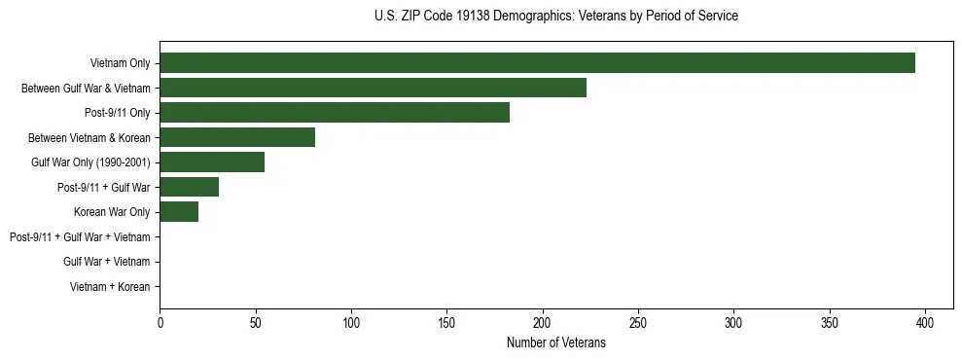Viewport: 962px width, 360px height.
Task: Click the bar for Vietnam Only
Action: pyautogui.click(x=537, y=63)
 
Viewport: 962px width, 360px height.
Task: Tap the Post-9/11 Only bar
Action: pyautogui.click(x=335, y=113)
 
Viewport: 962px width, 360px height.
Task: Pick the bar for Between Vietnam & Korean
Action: pyautogui.click(x=237, y=137)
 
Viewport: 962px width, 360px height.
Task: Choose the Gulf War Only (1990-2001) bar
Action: pyautogui.click(x=212, y=162)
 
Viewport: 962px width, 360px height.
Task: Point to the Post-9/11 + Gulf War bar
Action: pyautogui.click(x=189, y=187)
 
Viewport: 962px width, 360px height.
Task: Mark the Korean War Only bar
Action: pyautogui.click(x=179, y=212)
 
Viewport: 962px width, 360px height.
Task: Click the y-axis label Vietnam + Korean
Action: pyautogui.click(x=110, y=287)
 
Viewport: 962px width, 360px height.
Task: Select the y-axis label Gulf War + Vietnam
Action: pyautogui.click(x=106, y=262)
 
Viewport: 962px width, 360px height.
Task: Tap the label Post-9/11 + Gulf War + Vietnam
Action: pyautogui.click(x=80, y=236)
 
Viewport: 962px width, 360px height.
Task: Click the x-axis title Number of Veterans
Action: pyautogui.click(x=555, y=342)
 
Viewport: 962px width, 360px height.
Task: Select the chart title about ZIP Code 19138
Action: pyautogui.click(x=555, y=17)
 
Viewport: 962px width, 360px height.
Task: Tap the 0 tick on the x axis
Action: pyautogui.click(x=160, y=322)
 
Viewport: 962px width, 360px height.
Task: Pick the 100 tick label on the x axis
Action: pyautogui.click(x=351, y=322)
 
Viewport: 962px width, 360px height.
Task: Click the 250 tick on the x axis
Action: pyautogui.click(x=638, y=322)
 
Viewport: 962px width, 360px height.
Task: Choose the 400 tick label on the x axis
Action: pyautogui.click(x=925, y=322)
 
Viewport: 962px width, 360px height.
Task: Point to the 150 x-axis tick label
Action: pyautogui.click(x=446, y=322)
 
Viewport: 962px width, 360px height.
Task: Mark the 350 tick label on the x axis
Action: pyautogui.click(x=830, y=322)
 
